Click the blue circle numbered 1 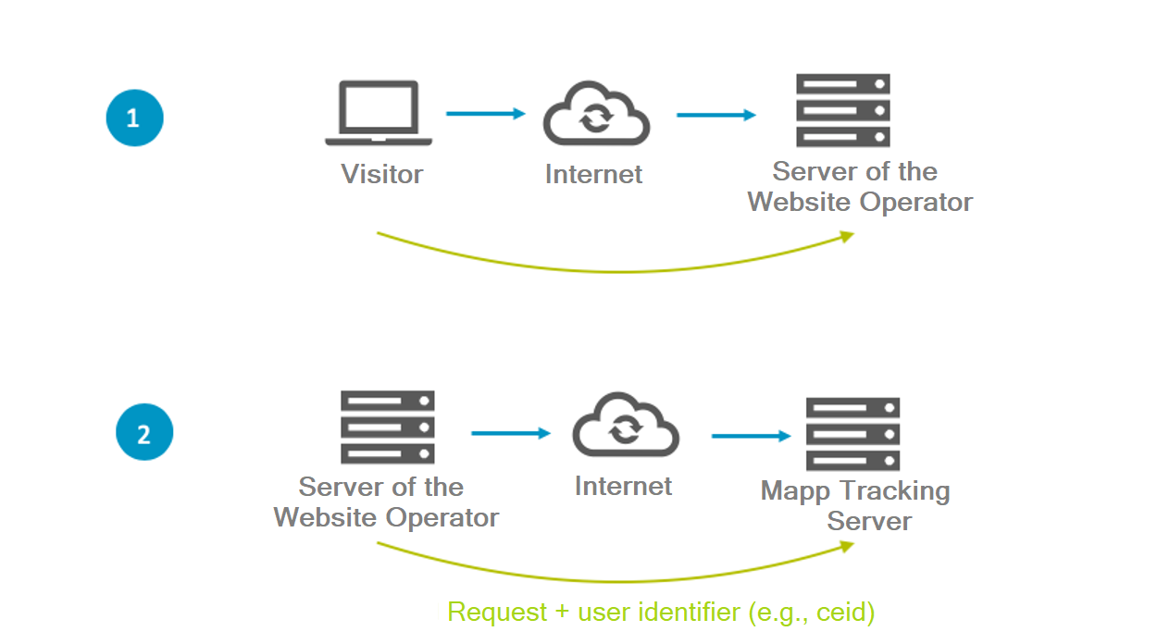click(135, 118)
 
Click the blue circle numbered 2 click(144, 433)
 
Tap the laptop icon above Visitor click(379, 114)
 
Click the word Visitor click(382, 174)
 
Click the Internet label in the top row click(593, 174)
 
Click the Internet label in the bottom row click(623, 486)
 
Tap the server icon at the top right click(843, 111)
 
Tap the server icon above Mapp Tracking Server click(852, 434)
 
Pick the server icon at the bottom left click(388, 427)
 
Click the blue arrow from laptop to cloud click(485, 114)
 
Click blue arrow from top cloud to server click(715, 116)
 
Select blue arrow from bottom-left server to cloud click(510, 433)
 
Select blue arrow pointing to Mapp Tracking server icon click(751, 436)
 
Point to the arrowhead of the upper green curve click(847, 236)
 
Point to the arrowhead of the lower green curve click(847, 546)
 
